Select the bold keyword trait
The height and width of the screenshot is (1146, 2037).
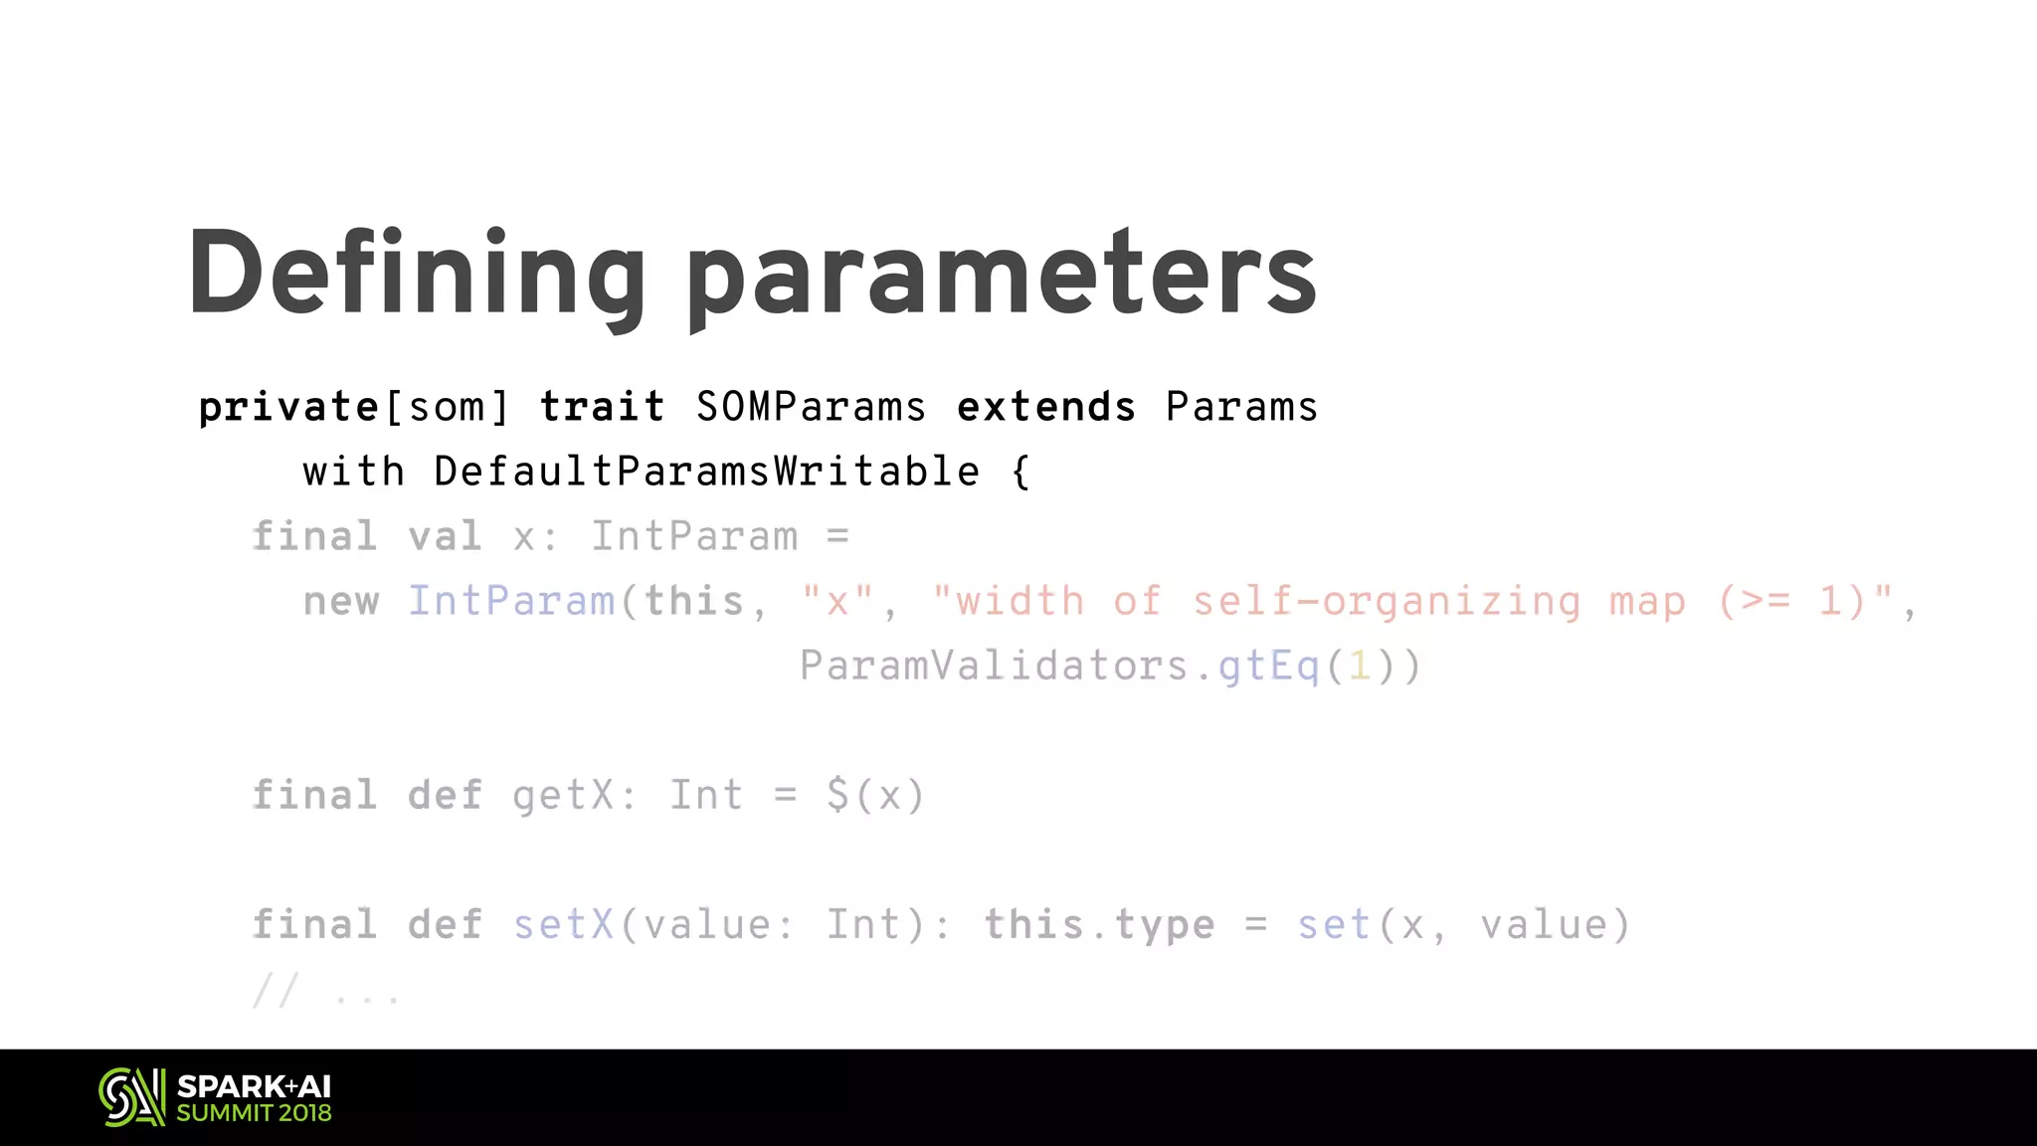pyautogui.click(x=602, y=408)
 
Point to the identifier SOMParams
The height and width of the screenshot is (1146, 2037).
pyautogui.click(x=811, y=408)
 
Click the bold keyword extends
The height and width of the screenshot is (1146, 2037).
pyautogui.click(x=1045, y=408)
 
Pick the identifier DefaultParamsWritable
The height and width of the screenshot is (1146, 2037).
pyautogui.click(x=706, y=473)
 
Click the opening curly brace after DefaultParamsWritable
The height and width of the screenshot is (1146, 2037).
pyautogui.click(x=1020, y=473)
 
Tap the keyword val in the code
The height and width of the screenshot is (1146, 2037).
pyautogui.click(x=445, y=537)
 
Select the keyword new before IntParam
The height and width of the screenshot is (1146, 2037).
pyautogui.click(x=341, y=602)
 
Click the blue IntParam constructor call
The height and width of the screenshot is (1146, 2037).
pyautogui.click(x=511, y=602)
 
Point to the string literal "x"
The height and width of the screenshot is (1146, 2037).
pyautogui.click(x=837, y=602)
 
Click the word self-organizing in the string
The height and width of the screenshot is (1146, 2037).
pyautogui.click(x=1387, y=602)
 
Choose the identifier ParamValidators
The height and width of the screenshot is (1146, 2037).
pyautogui.click(x=994, y=667)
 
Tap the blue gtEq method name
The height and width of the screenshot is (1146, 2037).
pyautogui.click(x=1269, y=667)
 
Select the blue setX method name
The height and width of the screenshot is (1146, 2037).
pyautogui.click(x=563, y=925)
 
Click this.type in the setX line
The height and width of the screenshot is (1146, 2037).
pyautogui.click(x=1099, y=925)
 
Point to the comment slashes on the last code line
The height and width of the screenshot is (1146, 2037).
pyautogui.click(x=276, y=991)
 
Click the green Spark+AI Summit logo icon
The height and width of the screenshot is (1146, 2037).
pyautogui.click(x=131, y=1097)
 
